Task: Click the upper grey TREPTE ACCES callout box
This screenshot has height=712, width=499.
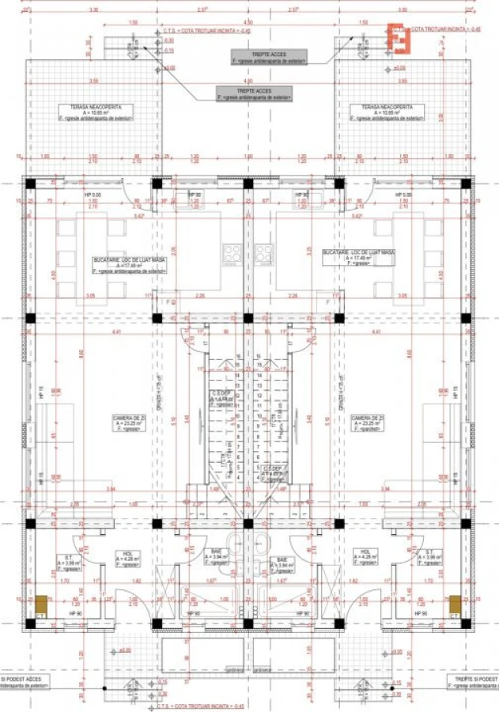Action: (269, 57)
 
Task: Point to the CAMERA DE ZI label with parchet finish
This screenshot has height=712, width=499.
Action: (368, 423)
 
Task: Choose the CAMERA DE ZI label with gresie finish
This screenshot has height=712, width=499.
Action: (128, 423)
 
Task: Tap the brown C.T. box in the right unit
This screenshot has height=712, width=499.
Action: (455, 604)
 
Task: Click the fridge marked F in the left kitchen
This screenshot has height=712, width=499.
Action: (168, 301)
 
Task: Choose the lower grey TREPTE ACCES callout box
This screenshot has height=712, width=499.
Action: (255, 93)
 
